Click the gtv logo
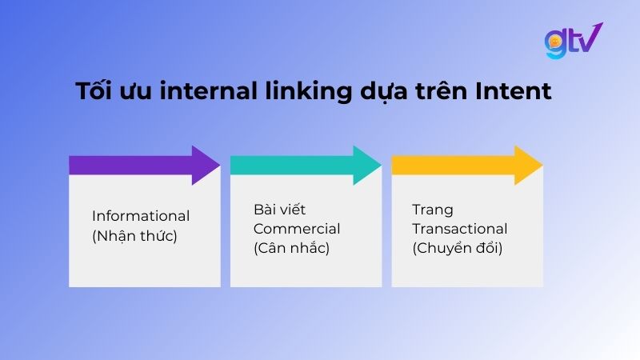(573, 41)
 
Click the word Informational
(141, 216)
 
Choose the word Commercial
(297, 229)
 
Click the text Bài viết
(275, 210)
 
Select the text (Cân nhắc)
(291, 248)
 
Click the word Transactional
(459, 229)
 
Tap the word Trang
(432, 210)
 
